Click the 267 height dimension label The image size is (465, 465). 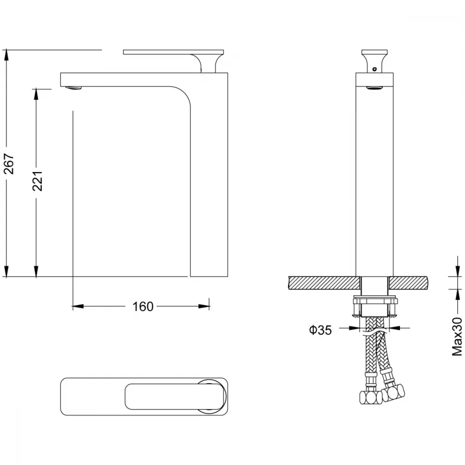(9, 164)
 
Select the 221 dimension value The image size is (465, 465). (38, 181)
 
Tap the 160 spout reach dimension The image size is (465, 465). (143, 306)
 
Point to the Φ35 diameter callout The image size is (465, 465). (320, 330)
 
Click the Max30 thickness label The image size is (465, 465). (457, 336)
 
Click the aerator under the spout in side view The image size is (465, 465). (73, 88)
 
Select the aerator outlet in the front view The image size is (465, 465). (374, 87)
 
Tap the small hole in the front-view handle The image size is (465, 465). (374, 69)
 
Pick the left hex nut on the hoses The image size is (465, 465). (371, 397)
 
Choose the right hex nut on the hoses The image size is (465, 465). (393, 392)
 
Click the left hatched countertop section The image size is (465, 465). (325, 283)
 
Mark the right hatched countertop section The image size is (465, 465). (409, 283)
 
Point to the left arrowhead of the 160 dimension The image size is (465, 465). (78, 306)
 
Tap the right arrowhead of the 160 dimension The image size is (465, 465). (204, 306)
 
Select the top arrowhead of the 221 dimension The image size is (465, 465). (36, 94)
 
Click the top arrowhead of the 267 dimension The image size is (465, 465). (6, 55)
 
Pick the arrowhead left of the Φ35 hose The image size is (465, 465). (354, 328)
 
